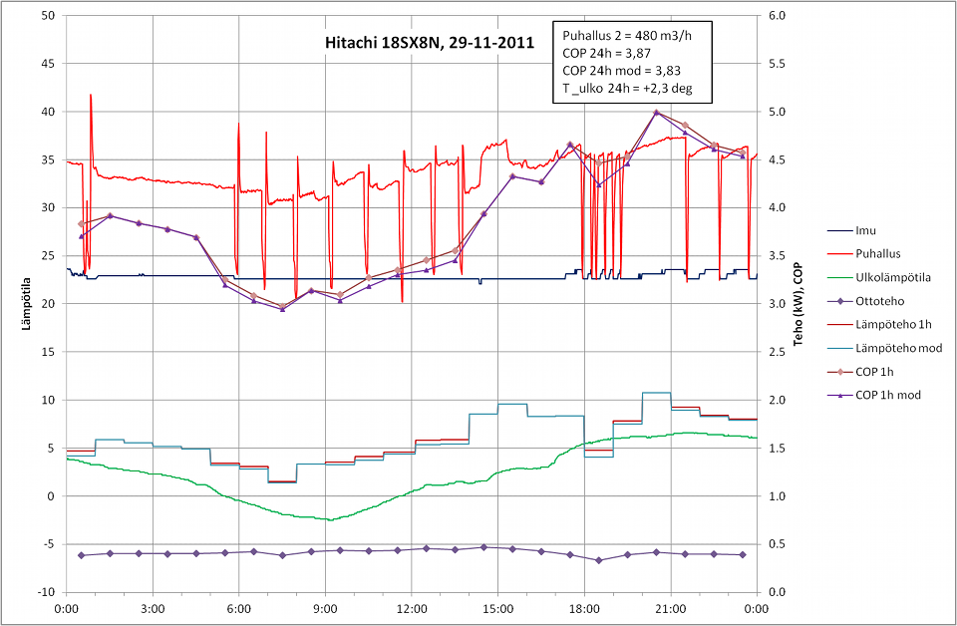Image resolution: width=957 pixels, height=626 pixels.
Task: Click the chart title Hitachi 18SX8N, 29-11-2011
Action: [x=430, y=44]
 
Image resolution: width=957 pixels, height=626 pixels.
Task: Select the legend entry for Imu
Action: [x=868, y=230]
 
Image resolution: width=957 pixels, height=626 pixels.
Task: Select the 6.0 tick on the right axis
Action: [x=776, y=16]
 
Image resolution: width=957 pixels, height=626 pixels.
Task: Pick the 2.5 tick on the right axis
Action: [x=776, y=352]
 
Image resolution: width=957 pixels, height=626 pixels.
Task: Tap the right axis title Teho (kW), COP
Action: [x=797, y=304]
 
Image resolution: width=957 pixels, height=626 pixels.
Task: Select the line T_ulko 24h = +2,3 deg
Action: [x=627, y=89]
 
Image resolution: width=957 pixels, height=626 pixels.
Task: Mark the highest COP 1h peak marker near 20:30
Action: [x=656, y=113]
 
